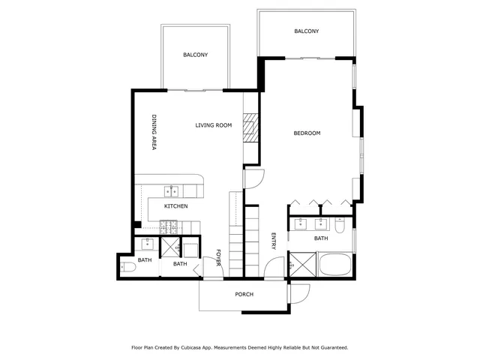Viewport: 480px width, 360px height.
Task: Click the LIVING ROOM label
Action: click(x=214, y=125)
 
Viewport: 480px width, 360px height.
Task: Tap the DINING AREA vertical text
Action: click(x=153, y=133)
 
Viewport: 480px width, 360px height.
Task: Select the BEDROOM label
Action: click(x=307, y=133)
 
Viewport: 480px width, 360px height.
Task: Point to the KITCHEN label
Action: click(x=175, y=206)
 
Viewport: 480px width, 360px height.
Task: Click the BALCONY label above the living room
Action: click(x=195, y=55)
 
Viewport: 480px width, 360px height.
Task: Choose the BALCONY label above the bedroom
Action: click(x=306, y=31)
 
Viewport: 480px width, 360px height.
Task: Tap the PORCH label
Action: click(x=244, y=295)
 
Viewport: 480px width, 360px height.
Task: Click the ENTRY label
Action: click(x=273, y=241)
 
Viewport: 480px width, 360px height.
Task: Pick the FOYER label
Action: click(x=218, y=257)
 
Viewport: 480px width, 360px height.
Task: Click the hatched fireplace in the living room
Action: click(x=250, y=129)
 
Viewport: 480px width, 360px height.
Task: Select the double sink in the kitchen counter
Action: click(x=172, y=190)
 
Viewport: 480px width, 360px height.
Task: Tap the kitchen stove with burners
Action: click(x=169, y=225)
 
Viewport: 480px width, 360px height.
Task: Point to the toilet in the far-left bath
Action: click(x=128, y=266)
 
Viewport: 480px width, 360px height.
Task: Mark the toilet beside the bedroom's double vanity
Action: click(x=340, y=224)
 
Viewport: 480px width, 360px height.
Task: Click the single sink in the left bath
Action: click(x=148, y=243)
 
